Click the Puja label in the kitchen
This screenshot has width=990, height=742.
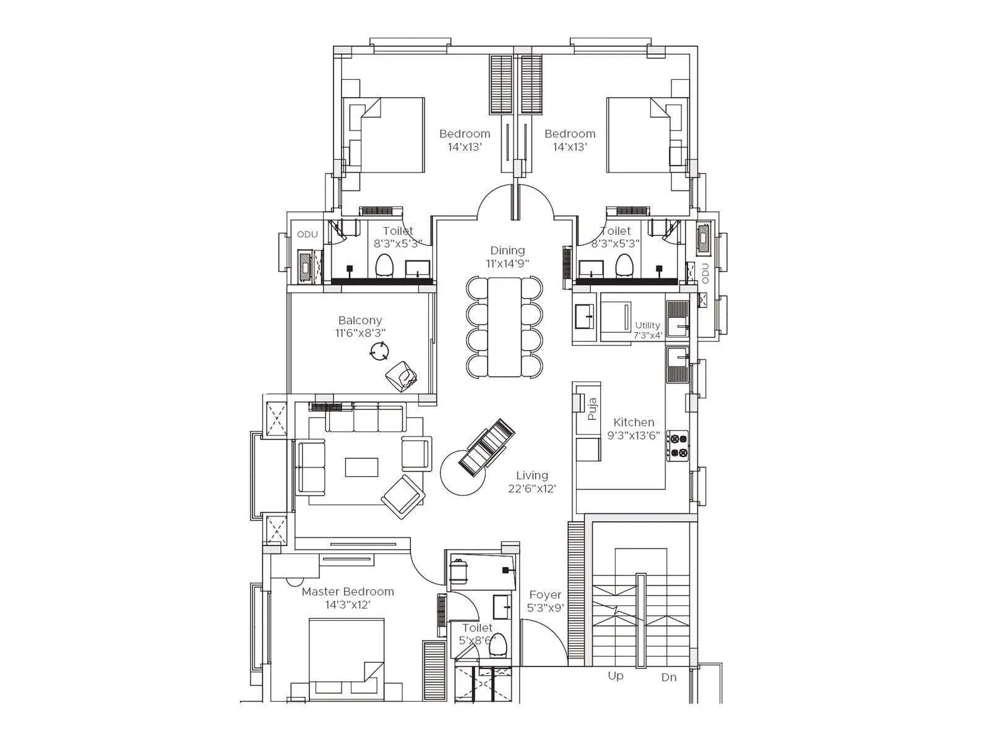[x=592, y=409]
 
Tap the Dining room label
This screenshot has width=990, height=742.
[x=507, y=250]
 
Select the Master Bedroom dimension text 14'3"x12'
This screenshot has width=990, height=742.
[x=348, y=605]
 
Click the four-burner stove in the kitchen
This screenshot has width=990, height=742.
[x=678, y=445]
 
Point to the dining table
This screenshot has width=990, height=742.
[x=504, y=326]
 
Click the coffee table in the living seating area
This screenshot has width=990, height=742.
[x=361, y=467]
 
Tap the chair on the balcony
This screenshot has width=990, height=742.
[x=401, y=377]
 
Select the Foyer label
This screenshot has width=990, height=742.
[x=545, y=594]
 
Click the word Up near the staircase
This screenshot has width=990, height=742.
[x=615, y=676]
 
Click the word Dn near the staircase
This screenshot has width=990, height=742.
[x=668, y=677]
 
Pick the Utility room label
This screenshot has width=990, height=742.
[x=647, y=325]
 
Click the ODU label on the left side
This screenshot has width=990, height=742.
[x=307, y=234]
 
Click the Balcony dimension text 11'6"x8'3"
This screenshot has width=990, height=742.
[x=360, y=333]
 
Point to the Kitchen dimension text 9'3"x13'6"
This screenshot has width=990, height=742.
[x=633, y=435]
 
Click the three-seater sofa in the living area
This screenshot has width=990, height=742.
[x=364, y=419]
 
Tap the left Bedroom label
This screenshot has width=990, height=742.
[x=464, y=134]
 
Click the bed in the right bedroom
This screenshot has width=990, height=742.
[x=640, y=135]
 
